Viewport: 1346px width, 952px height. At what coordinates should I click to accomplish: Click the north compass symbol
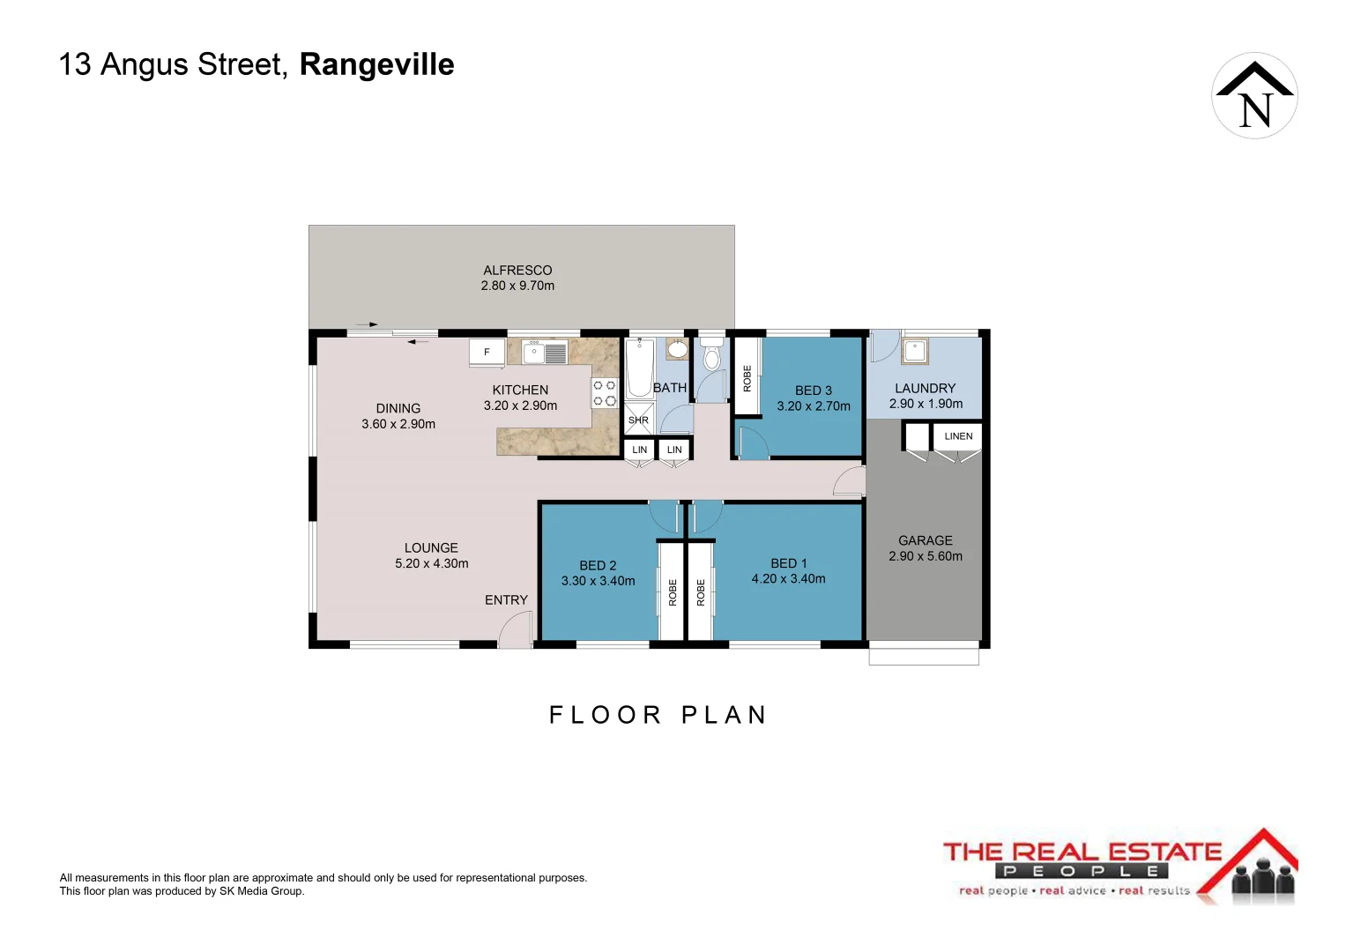coord(1254,95)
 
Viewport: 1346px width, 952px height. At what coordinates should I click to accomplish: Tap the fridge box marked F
coord(487,352)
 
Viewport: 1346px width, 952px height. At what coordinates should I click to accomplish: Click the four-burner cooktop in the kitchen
coord(605,393)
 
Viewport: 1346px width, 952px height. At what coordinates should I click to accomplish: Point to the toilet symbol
coord(711,356)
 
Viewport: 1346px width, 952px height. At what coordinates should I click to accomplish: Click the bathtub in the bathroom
coord(639,369)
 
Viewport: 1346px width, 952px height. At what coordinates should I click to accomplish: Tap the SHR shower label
coord(638,420)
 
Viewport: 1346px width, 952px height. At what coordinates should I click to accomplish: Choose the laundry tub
coord(915,351)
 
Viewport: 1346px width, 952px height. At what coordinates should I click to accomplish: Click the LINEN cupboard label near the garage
coord(958,436)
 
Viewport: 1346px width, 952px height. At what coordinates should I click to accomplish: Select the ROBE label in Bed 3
coord(747,378)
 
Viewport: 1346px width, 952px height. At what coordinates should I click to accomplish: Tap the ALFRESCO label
coord(517,271)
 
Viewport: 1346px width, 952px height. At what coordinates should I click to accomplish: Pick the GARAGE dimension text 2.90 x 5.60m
coord(926,556)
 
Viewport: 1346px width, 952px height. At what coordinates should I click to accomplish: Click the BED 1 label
coord(788,563)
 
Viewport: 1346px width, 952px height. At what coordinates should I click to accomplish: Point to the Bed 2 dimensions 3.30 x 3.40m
coord(598,581)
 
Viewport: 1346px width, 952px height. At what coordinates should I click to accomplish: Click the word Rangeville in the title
coord(376,64)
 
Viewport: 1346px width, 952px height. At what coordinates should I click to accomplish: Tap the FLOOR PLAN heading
coord(658,715)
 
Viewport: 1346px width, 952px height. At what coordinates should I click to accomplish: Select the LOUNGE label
coord(431,548)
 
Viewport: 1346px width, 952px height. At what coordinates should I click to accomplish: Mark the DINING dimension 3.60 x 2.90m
coord(398,424)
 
